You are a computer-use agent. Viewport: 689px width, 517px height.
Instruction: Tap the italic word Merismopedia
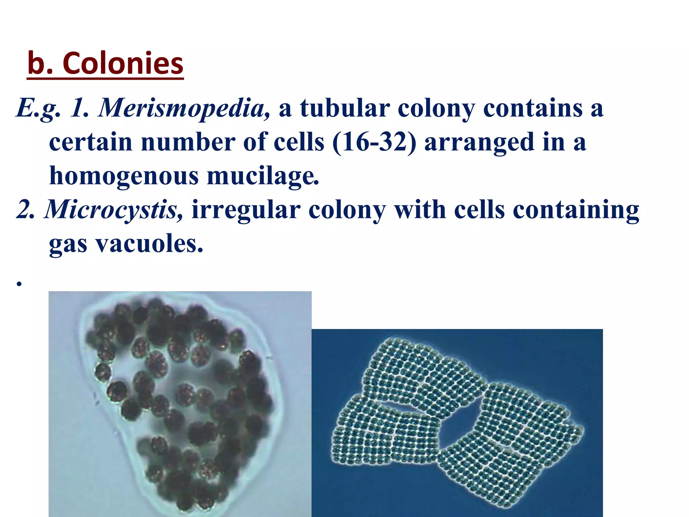pos(184,108)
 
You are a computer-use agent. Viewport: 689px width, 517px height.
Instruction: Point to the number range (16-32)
pos(374,142)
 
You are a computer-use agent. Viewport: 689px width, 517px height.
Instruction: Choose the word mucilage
pos(262,176)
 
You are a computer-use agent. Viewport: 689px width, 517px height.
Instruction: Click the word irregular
pos(246,210)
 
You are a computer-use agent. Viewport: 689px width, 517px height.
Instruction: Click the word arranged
pos(479,142)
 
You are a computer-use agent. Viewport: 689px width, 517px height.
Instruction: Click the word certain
pos(90,142)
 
